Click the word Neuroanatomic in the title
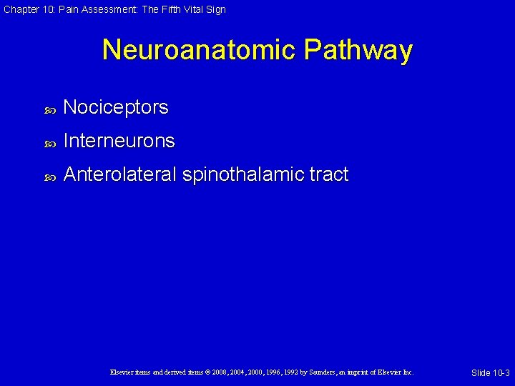198,50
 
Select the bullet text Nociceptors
116,107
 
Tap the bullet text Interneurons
119,141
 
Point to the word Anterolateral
119,174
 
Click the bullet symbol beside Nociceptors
50,109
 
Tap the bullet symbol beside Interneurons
50,142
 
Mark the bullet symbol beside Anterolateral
50,176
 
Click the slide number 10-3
499,373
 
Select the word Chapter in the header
19,9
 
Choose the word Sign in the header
216,9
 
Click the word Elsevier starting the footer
122,372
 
